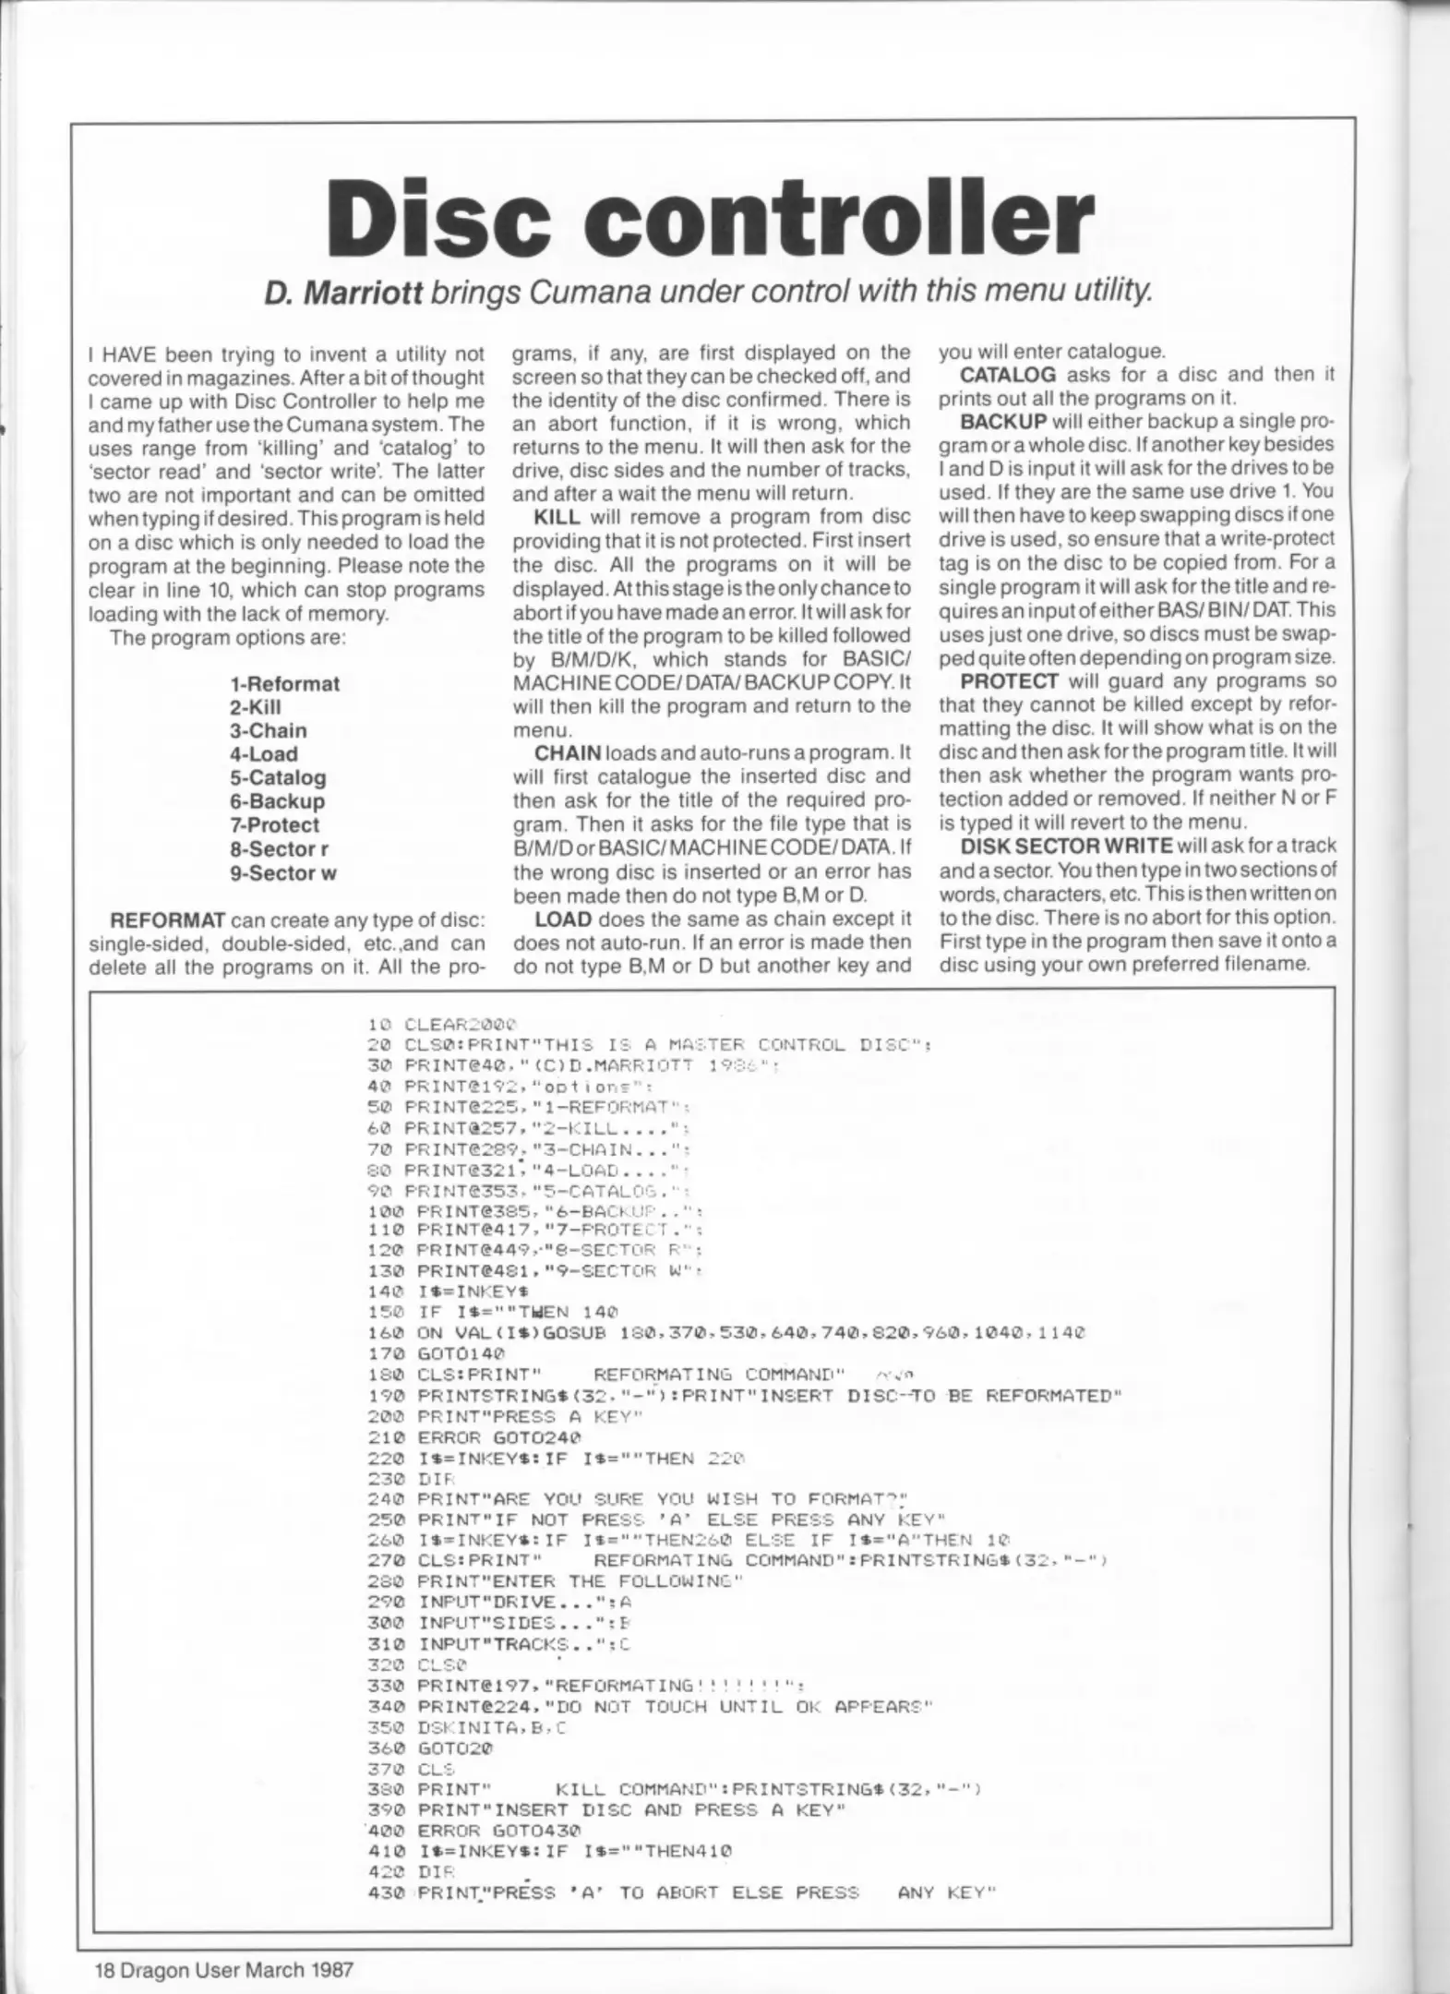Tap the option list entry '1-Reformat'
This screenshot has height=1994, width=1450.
(x=284, y=684)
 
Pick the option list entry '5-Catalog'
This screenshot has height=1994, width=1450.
(x=278, y=778)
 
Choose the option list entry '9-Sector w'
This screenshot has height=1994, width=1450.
(x=282, y=873)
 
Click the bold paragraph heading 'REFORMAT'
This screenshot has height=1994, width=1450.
(x=167, y=920)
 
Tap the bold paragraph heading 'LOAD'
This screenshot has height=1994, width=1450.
(x=563, y=919)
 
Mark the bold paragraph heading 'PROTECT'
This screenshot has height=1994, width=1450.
(x=1009, y=681)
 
